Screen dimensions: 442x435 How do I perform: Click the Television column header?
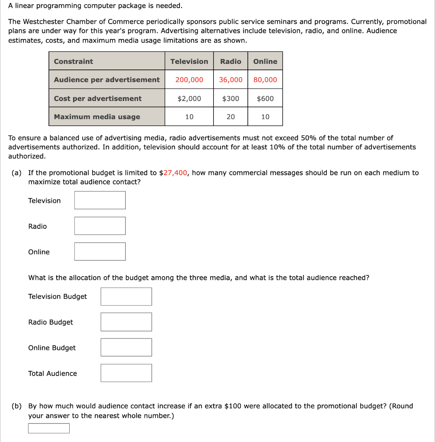click(189, 61)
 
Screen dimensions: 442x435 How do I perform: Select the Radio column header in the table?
click(230, 61)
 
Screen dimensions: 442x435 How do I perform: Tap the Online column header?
click(265, 61)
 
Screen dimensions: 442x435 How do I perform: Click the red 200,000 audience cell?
click(189, 80)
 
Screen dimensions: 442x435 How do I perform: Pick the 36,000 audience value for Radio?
click(230, 80)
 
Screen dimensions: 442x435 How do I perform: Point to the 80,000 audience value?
click(265, 80)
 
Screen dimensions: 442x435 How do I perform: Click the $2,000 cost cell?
click(189, 98)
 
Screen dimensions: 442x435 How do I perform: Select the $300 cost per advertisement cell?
click(230, 98)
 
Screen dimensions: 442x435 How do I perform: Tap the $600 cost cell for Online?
click(265, 98)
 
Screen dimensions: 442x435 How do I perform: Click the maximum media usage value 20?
click(230, 117)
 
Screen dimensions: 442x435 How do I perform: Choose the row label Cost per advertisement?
click(98, 98)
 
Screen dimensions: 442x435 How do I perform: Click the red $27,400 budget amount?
click(173, 173)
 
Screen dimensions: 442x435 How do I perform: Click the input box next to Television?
click(100, 200)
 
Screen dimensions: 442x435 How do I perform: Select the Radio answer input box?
click(100, 226)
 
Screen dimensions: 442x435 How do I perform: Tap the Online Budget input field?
click(126, 347)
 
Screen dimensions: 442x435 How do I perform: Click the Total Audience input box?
click(126, 373)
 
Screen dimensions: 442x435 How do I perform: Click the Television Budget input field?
click(126, 297)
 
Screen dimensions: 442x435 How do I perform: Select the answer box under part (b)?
click(49, 428)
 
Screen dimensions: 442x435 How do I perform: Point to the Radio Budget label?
click(51, 322)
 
